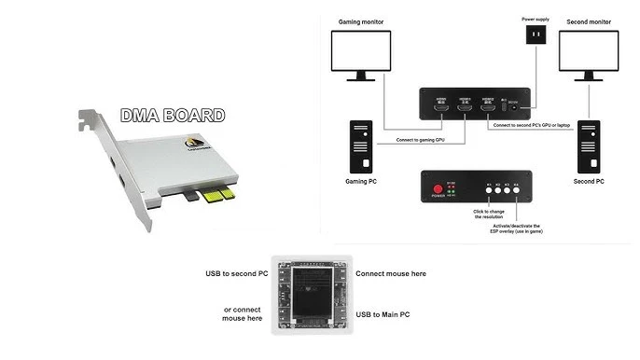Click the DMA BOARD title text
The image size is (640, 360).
coord(173,117)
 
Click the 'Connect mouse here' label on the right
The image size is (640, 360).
coord(391,274)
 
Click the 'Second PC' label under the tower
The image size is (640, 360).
coord(589,182)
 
